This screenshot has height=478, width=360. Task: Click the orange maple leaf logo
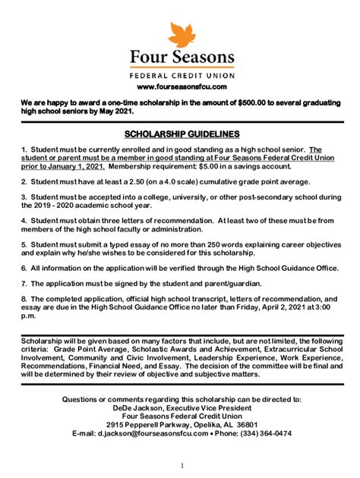pyautogui.click(x=181, y=35)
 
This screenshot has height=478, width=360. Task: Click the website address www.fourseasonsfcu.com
pyautogui.click(x=180, y=88)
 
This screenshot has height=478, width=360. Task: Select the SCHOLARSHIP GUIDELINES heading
pyautogui.click(x=181, y=132)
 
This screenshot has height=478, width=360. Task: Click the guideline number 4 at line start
pyautogui.click(x=24, y=221)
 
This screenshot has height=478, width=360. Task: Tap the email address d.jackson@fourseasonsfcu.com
pyautogui.click(x=136, y=434)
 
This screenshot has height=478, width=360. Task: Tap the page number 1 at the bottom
pyautogui.click(x=183, y=465)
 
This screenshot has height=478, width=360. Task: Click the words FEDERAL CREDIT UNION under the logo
pyautogui.click(x=181, y=76)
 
